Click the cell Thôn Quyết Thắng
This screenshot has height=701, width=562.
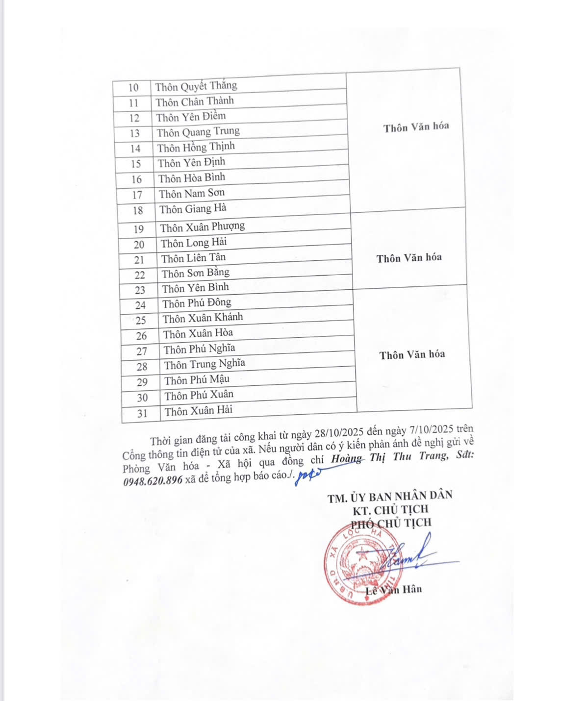pos(196,86)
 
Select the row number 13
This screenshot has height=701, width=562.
pos(134,133)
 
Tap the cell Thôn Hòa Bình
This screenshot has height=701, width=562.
pos(192,178)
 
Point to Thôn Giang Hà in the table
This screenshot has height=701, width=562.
pos(193,209)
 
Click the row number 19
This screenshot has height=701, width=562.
pos(139,229)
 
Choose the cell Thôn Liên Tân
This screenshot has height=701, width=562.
pos(193,258)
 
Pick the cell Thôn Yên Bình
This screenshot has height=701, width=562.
pos(195,288)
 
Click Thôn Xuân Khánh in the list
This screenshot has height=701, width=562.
pos(203,318)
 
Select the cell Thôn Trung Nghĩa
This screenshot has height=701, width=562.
pos(204,364)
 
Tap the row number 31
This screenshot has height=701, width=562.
pos(142,413)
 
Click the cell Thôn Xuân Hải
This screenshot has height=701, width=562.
pos(198,410)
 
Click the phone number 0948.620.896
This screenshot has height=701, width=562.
pos(153,481)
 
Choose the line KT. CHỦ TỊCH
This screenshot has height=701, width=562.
pos(390,510)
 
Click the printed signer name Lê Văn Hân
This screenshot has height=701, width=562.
pos(394,590)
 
